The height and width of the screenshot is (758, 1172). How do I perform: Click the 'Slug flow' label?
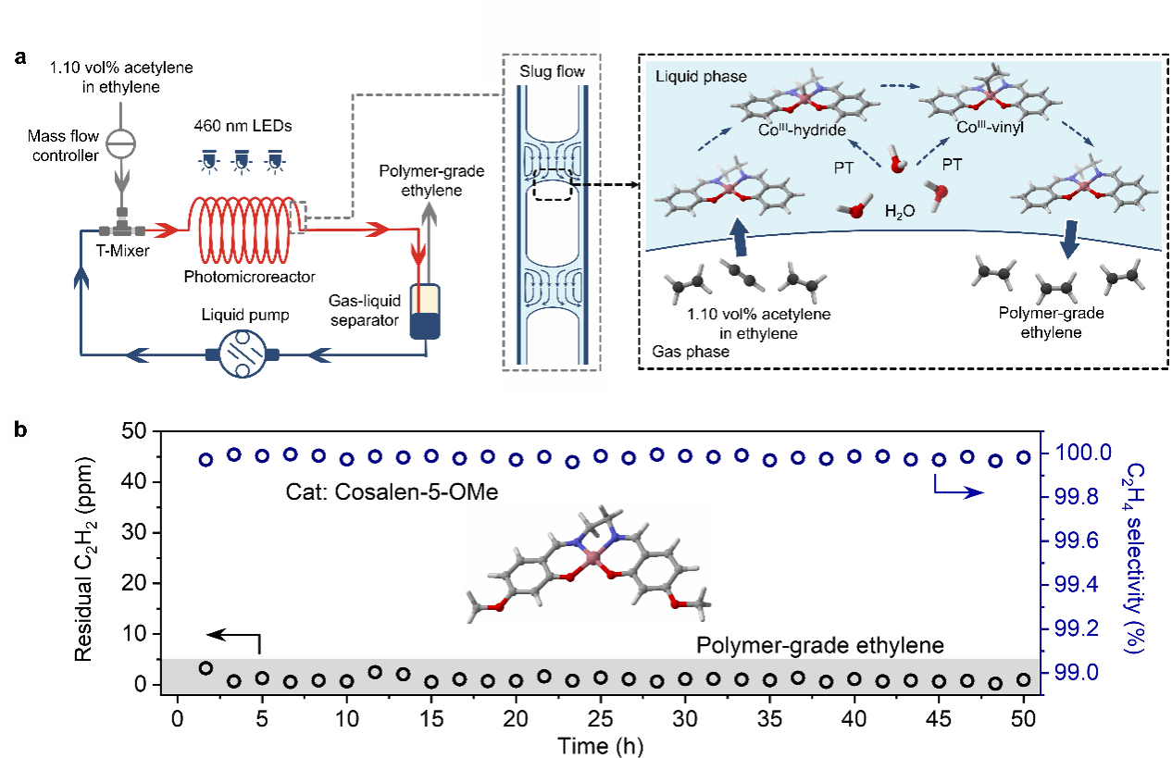(552, 71)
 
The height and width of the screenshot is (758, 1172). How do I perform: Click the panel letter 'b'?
(19, 431)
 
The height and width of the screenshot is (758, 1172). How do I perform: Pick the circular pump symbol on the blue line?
(241, 354)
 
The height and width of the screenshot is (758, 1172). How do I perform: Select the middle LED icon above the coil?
(241, 162)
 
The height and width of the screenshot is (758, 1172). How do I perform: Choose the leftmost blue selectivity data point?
(206, 459)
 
